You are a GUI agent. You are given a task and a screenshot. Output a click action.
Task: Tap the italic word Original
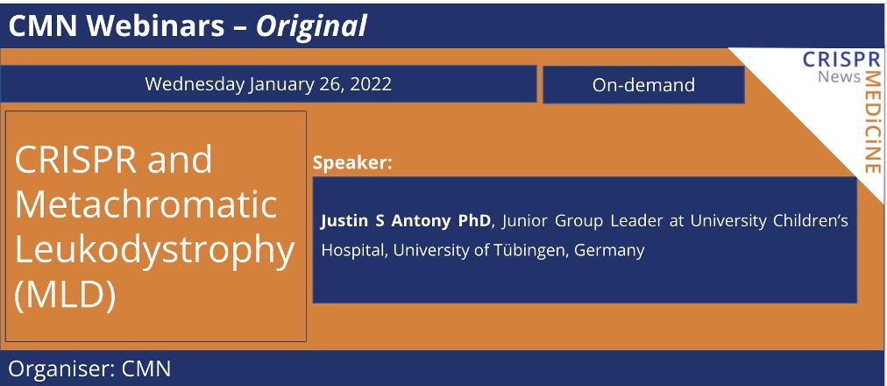311,26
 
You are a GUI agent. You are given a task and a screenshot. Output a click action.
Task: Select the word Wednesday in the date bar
194,84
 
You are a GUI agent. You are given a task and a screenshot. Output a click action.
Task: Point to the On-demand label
643,85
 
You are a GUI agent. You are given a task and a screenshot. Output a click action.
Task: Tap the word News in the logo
839,77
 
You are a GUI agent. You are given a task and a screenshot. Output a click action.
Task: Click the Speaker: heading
352,162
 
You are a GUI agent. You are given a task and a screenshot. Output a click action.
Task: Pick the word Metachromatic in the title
146,204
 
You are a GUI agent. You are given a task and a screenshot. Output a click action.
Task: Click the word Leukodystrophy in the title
155,250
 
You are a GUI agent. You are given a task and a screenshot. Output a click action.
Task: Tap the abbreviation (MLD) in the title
66,296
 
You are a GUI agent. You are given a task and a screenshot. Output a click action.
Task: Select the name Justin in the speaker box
344,220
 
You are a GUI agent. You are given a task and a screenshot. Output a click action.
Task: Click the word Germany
609,250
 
